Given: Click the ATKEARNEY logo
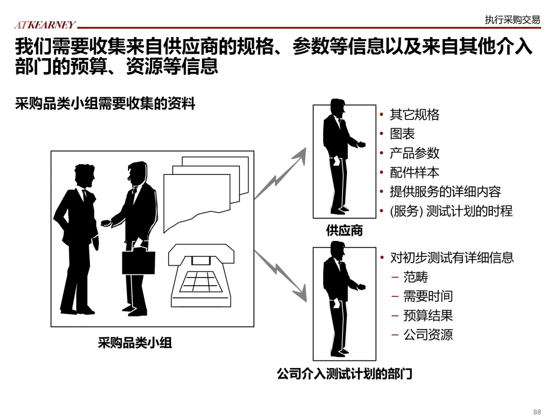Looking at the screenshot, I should pyautogui.click(x=45, y=24).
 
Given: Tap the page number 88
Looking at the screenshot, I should pyautogui.click(x=538, y=411).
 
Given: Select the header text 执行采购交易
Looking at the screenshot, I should pyautogui.click(x=512, y=20).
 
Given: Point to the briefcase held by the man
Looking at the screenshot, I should pyautogui.click(x=138, y=262).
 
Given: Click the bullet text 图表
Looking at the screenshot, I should pyautogui.click(x=402, y=134).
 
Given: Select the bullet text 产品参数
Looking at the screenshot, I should pyautogui.click(x=415, y=153).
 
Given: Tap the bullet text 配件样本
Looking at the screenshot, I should pyautogui.click(x=415, y=172).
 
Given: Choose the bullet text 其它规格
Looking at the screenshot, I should pyautogui.click(x=415, y=114).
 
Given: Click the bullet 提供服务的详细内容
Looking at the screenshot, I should pyautogui.click(x=445, y=192).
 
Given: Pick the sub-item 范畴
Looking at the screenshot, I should pyautogui.click(x=416, y=277).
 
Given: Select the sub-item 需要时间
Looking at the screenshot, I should pyautogui.click(x=428, y=296).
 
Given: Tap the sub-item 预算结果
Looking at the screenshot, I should pyautogui.click(x=428, y=316).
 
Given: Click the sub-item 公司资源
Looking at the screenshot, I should pyautogui.click(x=428, y=335).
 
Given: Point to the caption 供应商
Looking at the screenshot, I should pyautogui.click(x=344, y=231).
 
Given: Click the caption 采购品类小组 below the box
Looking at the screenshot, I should pyautogui.click(x=135, y=342).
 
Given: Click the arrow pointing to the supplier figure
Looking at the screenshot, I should pyautogui.click(x=280, y=174).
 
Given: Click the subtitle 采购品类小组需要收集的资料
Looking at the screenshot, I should pyautogui.click(x=105, y=103).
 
